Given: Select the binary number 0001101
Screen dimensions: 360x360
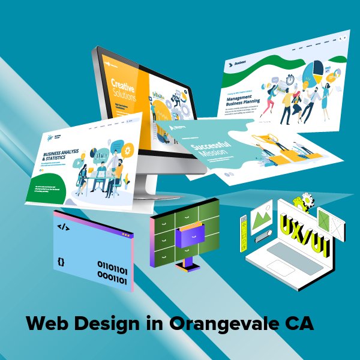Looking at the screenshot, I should tap(112, 279).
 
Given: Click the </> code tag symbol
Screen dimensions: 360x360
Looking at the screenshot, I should tap(63, 227).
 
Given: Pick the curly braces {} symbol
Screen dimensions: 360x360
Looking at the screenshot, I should tap(61, 262).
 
